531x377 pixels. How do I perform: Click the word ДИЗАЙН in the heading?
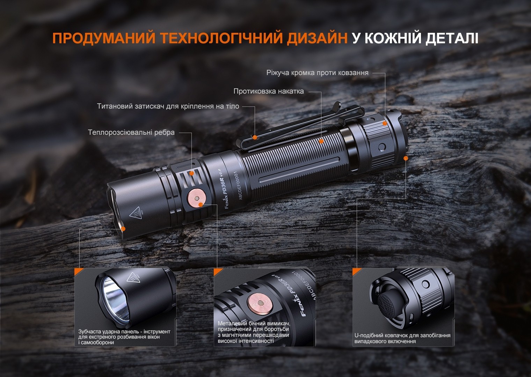tap(317, 38)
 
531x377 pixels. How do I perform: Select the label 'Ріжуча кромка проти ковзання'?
tap(317, 73)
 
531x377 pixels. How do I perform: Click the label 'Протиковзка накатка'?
tap(268, 91)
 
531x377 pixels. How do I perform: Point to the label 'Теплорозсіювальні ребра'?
tap(131, 133)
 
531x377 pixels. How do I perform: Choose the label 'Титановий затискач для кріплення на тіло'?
tap(168, 106)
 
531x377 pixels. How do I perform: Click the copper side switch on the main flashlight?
tap(197, 198)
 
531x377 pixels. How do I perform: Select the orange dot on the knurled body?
tap(321, 141)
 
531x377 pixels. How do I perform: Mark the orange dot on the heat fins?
tap(191, 173)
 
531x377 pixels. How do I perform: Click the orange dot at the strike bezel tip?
tap(123, 228)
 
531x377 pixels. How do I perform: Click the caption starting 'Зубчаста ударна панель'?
tap(124, 337)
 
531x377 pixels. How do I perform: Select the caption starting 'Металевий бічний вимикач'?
tap(254, 332)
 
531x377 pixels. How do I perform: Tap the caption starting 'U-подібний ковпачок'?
tap(402, 338)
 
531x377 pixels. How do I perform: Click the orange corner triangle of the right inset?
tap(356, 271)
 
